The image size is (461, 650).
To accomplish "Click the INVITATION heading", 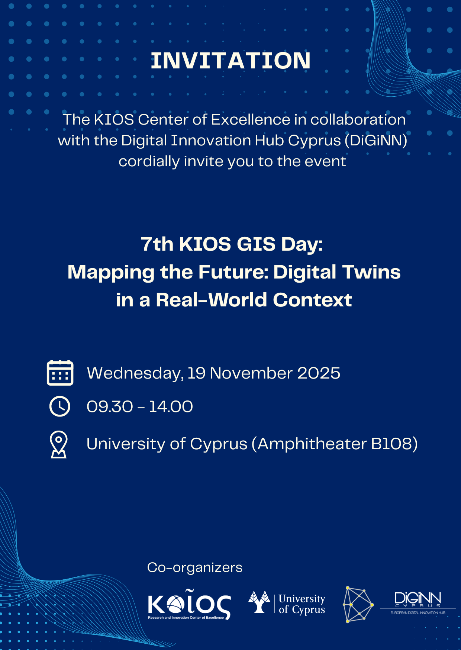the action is coord(230,61).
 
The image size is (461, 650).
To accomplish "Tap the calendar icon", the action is coord(60,373).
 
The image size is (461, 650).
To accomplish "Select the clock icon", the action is coord(60,406).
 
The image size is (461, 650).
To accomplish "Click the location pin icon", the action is coord(59,444).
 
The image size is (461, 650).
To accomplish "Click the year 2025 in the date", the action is coord(319,373).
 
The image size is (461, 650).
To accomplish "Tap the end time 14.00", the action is coord(171,406).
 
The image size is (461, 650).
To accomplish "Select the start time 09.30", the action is coord(110,406).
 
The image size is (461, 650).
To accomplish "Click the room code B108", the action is coord(392,444).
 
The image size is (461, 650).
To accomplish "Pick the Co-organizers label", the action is coord(195,567).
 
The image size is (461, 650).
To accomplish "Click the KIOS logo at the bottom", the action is coord(190,604).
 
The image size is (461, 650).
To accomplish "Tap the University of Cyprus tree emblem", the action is coord(259,602).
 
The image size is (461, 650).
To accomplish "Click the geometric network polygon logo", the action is coord(358,605).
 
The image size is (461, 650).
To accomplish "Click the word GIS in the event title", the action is coord(256,244).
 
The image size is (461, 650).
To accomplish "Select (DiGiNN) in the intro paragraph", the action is coord(376,141).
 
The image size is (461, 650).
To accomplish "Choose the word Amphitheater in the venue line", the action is coord(312,444).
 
